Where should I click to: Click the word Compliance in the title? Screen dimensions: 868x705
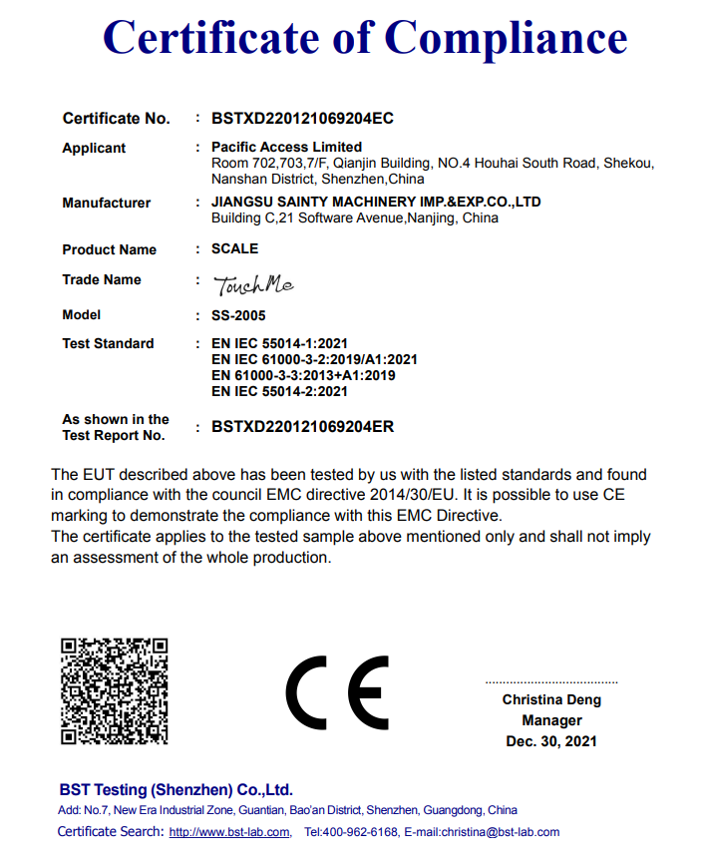tap(506, 38)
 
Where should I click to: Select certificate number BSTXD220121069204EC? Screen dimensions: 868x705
tap(302, 118)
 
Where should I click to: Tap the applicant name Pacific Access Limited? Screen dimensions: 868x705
tap(287, 147)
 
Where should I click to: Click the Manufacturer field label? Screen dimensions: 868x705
tap(106, 203)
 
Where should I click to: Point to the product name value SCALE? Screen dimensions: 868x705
tap(234, 248)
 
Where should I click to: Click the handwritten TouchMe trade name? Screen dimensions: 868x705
tap(254, 285)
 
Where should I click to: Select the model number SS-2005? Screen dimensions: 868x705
tap(238, 315)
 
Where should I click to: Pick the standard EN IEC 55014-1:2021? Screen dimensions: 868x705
tap(280, 343)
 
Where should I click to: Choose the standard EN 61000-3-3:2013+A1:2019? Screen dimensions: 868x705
tap(304, 375)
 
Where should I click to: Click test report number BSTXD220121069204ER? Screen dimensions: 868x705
tap(302, 427)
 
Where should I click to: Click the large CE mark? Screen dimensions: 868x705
tap(337, 693)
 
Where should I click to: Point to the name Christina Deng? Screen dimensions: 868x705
tap(551, 700)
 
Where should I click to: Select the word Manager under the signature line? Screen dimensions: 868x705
tap(551, 720)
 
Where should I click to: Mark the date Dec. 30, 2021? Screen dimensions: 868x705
tap(551, 741)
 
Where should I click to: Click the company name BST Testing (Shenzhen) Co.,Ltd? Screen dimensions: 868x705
tap(175, 789)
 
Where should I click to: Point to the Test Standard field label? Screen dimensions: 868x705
tap(108, 343)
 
